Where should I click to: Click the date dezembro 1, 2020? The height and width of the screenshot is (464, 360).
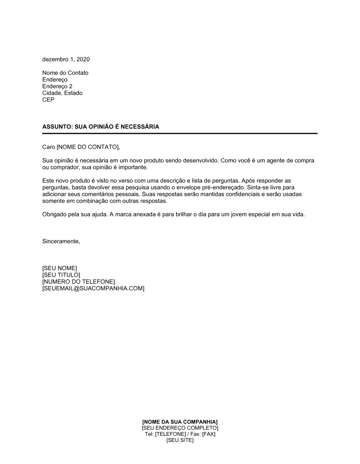point(66,59)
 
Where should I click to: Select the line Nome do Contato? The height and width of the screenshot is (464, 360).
point(65,73)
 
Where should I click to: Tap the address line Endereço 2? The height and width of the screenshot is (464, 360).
point(57,86)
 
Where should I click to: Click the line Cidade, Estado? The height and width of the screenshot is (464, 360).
point(62,93)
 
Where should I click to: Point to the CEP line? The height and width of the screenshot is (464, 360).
point(48,100)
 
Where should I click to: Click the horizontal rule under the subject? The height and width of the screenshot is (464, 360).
point(180,133)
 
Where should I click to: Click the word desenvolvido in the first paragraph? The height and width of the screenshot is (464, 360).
point(200,160)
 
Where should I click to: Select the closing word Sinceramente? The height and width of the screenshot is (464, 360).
point(61,241)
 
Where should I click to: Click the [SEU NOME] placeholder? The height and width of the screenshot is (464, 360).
point(59,268)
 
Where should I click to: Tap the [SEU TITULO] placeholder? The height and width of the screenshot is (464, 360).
point(61,275)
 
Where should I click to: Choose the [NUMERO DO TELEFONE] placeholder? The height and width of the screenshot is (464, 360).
point(78,282)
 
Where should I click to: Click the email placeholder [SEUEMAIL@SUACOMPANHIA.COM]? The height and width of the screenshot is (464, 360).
point(93,288)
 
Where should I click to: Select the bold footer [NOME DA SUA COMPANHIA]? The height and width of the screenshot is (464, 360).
point(180,422)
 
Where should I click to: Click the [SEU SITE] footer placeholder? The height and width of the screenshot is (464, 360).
point(180,440)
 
